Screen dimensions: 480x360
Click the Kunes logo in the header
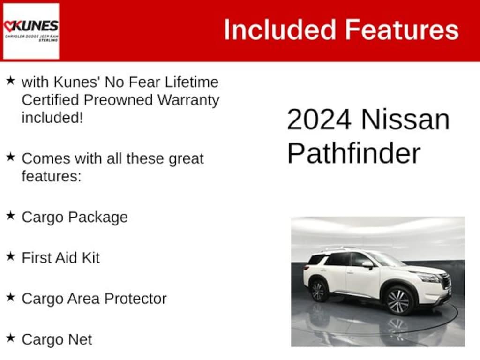[x=31, y=31]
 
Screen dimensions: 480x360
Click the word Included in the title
[x=280, y=30]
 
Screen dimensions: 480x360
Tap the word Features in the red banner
[x=402, y=30]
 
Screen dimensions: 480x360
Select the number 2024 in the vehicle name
[x=319, y=120]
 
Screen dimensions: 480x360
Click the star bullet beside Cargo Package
[x=10, y=216]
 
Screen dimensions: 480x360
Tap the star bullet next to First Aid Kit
[x=10, y=256]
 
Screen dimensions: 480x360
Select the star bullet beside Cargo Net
[x=10, y=338]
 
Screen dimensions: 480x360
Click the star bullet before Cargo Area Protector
[x=10, y=297]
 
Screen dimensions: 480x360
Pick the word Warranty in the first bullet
[x=188, y=100]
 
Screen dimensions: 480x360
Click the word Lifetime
[x=192, y=82]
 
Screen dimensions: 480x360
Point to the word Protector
[x=135, y=299]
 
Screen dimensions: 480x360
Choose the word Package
[x=98, y=217]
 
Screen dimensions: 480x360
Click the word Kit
[x=90, y=257]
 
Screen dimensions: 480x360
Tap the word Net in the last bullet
[x=80, y=339]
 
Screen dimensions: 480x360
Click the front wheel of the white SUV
[x=398, y=301]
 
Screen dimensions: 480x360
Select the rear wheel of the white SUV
[x=318, y=291]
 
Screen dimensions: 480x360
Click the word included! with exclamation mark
[x=52, y=118]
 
